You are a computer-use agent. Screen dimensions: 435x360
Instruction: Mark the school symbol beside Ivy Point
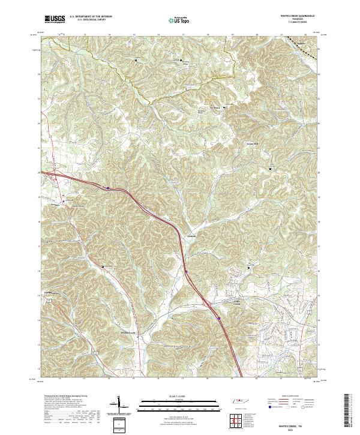tap(225, 108)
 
